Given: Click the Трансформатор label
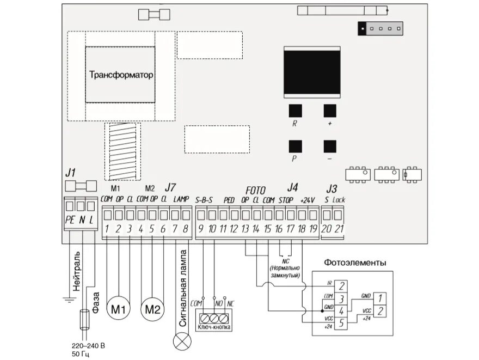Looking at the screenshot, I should pyautogui.click(x=121, y=75).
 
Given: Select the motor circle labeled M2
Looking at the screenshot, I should pyautogui.click(x=152, y=309).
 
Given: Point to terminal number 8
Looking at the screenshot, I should pyautogui.click(x=186, y=229).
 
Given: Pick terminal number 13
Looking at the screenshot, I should pyautogui.click(x=245, y=229).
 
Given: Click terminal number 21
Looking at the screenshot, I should pyautogui.click(x=339, y=229).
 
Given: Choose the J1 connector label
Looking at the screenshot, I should pyautogui.click(x=70, y=173).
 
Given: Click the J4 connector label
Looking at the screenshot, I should pyautogui.click(x=292, y=187).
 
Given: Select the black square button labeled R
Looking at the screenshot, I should pyautogui.click(x=295, y=111).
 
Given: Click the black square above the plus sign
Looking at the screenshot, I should pyautogui.click(x=330, y=111).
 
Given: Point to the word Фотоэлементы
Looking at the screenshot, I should pyautogui.click(x=355, y=263).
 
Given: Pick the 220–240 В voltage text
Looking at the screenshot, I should pyautogui.click(x=88, y=346).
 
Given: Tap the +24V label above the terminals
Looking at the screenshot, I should pyautogui.click(x=308, y=200).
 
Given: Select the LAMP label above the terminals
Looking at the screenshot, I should pyautogui.click(x=181, y=200).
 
